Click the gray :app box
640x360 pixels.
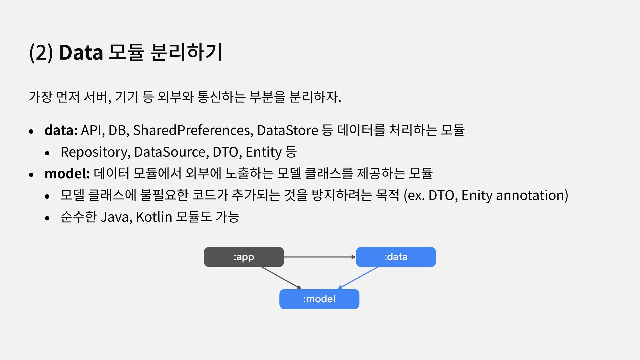(244, 257)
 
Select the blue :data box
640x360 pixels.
(396, 257)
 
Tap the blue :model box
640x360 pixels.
(319, 299)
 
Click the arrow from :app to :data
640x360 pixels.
(319, 257)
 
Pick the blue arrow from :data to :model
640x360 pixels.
(358, 277)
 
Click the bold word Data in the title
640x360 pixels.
(81, 53)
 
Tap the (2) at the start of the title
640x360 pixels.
(41, 53)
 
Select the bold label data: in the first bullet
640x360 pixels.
(61, 130)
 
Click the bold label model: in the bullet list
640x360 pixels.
(67, 173)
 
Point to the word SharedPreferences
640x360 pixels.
(193, 130)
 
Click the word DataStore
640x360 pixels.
(287, 130)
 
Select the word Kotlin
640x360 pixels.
(154, 217)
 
